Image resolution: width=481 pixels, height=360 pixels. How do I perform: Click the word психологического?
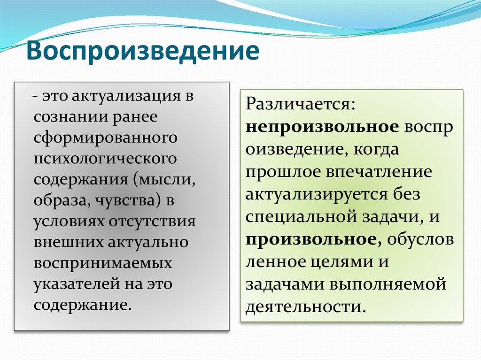click(105, 158)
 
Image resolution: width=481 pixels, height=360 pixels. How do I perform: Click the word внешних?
click(69, 242)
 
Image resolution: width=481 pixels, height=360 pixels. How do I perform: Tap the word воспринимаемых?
click(103, 263)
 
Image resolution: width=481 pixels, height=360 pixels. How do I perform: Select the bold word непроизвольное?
click(322, 128)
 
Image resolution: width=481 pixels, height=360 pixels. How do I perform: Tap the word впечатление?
click(378, 172)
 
